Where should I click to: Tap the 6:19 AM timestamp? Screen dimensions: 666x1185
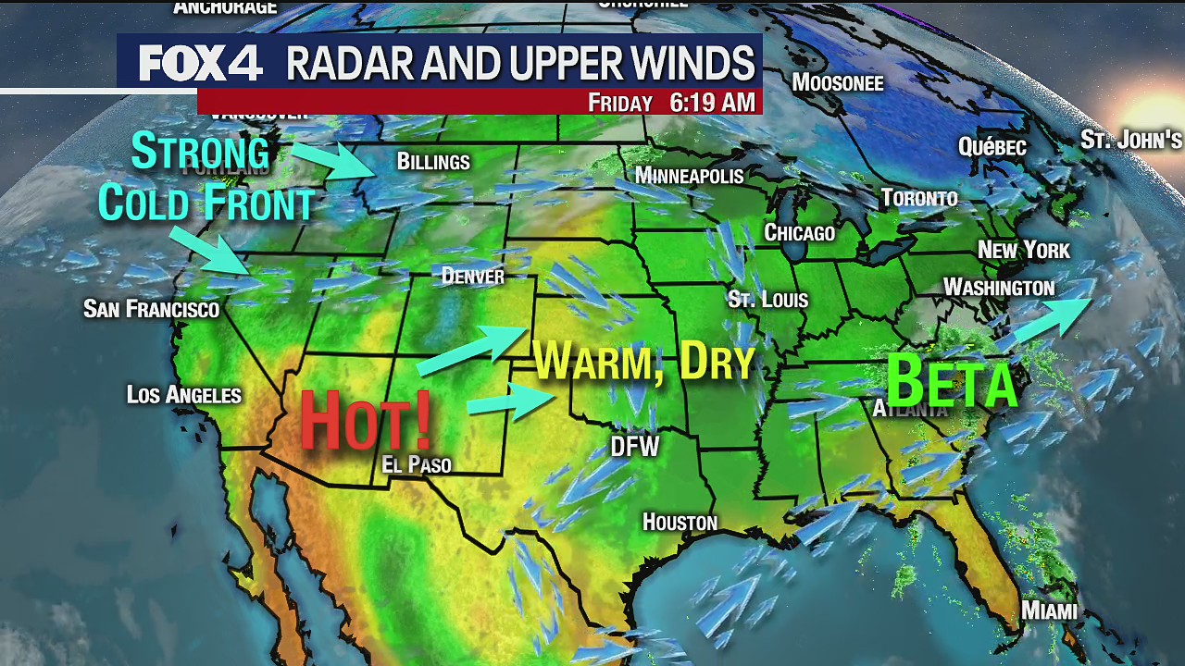click(x=712, y=102)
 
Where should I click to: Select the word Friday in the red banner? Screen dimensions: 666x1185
click(x=620, y=103)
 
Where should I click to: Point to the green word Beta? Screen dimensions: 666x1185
click(x=952, y=381)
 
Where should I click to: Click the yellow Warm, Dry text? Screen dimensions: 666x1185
click(x=645, y=361)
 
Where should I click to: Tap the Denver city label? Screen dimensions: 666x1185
click(x=473, y=276)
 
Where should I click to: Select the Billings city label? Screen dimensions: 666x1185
click(x=433, y=162)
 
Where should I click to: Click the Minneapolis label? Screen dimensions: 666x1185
click(x=690, y=176)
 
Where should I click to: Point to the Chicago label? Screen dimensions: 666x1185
click(x=799, y=232)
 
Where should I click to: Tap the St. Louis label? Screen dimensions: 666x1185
click(x=767, y=299)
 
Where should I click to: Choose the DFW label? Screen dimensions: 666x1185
click(x=634, y=448)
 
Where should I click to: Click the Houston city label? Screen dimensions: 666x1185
click(x=680, y=523)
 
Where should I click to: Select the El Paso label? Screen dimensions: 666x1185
click(x=417, y=463)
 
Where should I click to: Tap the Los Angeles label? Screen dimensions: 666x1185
click(x=184, y=395)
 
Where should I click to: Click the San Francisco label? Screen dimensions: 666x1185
click(x=151, y=308)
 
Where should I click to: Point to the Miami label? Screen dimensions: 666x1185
click(x=1049, y=610)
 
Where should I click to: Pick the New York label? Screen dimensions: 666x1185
click(x=1023, y=250)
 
